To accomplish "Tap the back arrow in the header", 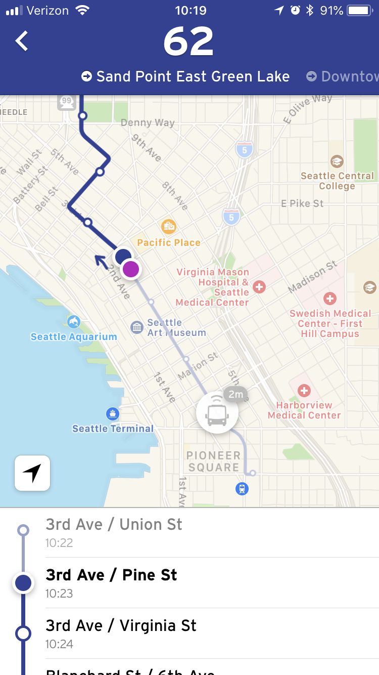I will [22, 41].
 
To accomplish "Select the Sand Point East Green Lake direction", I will [185, 76].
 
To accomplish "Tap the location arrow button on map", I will [32, 473].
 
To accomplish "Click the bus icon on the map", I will [217, 413].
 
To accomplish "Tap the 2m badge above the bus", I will [235, 394].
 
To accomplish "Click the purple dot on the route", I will [131, 269].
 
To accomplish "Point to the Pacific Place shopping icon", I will [168, 226].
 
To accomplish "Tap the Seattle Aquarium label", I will [74, 336].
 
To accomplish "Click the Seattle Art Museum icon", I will [137, 327].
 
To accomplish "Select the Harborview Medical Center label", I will [304, 410].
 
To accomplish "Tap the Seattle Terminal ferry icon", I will [113, 414].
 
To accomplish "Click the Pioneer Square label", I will [214, 461].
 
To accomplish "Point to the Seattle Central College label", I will [337, 181].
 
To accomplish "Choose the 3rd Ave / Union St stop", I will [114, 525].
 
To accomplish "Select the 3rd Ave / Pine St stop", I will [111, 575].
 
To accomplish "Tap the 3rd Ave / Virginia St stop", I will [121, 626].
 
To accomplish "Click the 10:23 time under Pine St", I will [59, 593].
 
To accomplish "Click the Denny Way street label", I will [148, 122].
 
